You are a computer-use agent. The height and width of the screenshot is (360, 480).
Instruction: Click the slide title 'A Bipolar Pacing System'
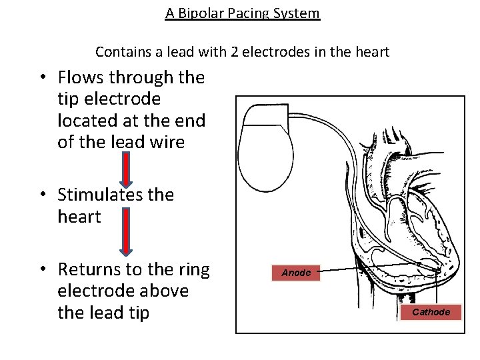pos(243,13)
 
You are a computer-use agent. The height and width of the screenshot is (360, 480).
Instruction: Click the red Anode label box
pos(296,273)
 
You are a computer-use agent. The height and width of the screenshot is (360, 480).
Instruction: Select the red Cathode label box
pos(431,312)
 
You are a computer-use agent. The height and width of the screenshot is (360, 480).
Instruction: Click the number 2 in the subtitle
pos(237,52)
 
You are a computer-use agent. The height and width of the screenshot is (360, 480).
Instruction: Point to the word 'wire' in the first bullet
pos(166,142)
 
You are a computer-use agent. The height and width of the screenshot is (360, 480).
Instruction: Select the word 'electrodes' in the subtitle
pos(273,52)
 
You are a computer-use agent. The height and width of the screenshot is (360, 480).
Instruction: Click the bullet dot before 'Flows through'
pos(42,78)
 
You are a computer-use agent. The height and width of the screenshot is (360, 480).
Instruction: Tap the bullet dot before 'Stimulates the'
pos(42,195)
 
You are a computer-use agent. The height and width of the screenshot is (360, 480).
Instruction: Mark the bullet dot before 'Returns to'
pos(42,269)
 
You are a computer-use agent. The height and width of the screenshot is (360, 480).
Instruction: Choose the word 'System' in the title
pos(297,13)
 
